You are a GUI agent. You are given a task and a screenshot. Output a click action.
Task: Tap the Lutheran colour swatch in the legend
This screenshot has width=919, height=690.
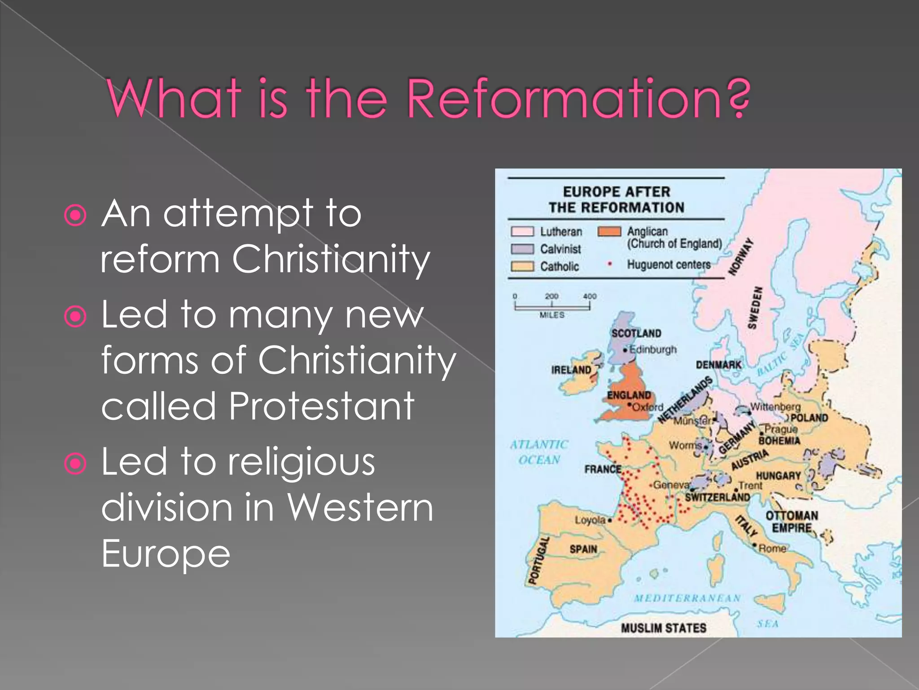[x=522, y=231]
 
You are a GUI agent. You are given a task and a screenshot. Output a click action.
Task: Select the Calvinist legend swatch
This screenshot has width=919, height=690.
[x=522, y=249]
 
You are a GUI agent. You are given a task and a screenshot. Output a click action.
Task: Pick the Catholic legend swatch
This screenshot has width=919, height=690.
[x=522, y=266]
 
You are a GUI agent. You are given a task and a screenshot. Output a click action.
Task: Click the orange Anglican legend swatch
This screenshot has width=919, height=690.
[x=609, y=231]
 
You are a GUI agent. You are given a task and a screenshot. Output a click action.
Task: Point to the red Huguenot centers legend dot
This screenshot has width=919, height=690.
[x=609, y=264]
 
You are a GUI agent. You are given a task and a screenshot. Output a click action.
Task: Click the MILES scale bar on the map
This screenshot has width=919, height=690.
[x=552, y=307]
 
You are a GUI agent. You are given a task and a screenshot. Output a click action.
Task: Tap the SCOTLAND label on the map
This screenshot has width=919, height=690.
[x=636, y=333]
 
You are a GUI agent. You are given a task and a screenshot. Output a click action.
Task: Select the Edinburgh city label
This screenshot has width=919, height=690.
[x=652, y=349]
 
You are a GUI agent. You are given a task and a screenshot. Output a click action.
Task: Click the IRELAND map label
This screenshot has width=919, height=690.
[x=571, y=370]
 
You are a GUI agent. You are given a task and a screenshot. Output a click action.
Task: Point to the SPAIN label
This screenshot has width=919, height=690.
[x=583, y=549]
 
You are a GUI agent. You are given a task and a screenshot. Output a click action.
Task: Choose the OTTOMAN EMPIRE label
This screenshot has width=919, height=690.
[x=792, y=522]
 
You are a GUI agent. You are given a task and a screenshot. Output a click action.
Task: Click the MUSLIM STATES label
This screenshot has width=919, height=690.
[x=663, y=628]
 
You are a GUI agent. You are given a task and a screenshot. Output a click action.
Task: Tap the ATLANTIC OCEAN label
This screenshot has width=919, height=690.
[x=539, y=452]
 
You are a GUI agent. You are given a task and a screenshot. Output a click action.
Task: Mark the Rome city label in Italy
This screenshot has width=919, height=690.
[x=772, y=548]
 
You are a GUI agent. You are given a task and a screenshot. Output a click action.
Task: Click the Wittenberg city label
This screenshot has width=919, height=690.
[x=775, y=407]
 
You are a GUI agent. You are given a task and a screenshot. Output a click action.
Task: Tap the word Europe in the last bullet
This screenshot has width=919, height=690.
[x=166, y=553]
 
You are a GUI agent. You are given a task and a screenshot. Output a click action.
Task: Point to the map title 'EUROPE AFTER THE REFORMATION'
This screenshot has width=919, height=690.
[x=616, y=199]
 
